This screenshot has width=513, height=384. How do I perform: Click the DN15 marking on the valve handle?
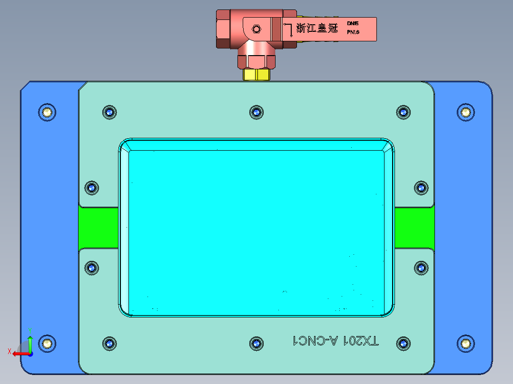coord(353,23)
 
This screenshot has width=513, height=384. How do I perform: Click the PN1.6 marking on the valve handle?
coord(353,32)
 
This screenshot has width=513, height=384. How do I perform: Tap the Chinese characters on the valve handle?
coord(316,28)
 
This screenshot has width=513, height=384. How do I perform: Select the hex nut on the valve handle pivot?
coord(256,29)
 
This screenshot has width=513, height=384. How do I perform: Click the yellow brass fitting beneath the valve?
coord(256,75)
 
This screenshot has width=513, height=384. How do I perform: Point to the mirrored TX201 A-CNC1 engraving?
coord(336,341)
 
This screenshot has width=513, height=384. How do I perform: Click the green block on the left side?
coord(99,228)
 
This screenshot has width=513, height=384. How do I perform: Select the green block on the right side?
coord(414,228)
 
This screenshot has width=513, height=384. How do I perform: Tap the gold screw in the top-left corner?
coord(47,112)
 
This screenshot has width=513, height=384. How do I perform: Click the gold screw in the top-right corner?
coord(465,112)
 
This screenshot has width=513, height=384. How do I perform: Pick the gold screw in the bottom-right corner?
coord(465,343)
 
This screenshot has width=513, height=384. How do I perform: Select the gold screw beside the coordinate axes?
coord(47,343)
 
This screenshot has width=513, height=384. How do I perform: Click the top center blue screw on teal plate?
coord(256,112)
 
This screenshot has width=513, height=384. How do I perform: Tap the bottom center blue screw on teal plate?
coord(256,343)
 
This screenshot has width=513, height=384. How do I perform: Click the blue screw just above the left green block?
coord(91,188)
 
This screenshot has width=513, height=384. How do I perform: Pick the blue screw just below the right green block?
coord(421,268)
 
